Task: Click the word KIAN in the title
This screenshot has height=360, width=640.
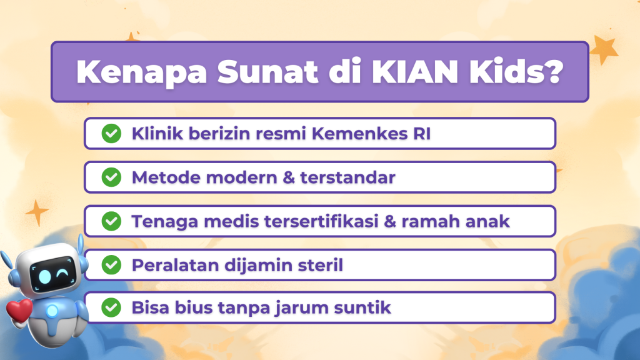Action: click(415, 72)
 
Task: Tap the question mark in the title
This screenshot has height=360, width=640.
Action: click(552, 71)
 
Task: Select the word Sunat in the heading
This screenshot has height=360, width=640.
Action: click(267, 72)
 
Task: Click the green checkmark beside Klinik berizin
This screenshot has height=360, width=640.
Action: click(111, 134)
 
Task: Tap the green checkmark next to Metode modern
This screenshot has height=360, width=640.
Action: click(111, 177)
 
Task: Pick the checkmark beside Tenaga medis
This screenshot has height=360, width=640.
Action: click(111, 221)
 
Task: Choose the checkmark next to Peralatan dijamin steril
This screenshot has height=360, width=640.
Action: click(111, 265)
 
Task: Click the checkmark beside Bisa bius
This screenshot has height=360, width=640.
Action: click(111, 307)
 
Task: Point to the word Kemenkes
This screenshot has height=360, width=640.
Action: click(359, 134)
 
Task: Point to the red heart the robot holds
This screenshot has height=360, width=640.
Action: click(19, 310)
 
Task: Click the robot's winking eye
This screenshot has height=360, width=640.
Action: click(62, 272)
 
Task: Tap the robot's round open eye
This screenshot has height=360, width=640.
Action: click(44, 277)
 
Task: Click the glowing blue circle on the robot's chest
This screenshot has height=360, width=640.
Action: click(52, 311)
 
